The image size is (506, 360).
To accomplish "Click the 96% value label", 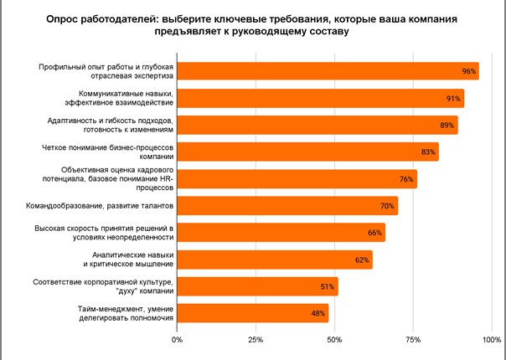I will (x=469, y=72).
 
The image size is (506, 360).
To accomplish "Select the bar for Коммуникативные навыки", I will (x=318, y=99).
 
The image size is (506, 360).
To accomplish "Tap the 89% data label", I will (x=447, y=126).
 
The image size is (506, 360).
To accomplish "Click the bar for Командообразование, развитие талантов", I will (x=285, y=206).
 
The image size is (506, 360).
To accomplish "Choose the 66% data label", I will (x=374, y=233).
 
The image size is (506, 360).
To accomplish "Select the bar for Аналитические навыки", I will (x=273, y=260).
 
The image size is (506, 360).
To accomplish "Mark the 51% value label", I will (x=328, y=286).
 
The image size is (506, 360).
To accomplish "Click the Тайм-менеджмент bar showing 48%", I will (x=251, y=313).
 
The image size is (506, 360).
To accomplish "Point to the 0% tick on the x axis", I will (x=177, y=340).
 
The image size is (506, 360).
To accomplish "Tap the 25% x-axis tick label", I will (x=256, y=340).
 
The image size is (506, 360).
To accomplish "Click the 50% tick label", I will (x=334, y=340).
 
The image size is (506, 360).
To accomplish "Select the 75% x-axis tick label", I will (x=413, y=340).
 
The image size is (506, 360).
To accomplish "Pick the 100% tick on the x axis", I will (x=490, y=340).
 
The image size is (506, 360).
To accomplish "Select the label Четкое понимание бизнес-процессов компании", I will (x=108, y=152).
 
